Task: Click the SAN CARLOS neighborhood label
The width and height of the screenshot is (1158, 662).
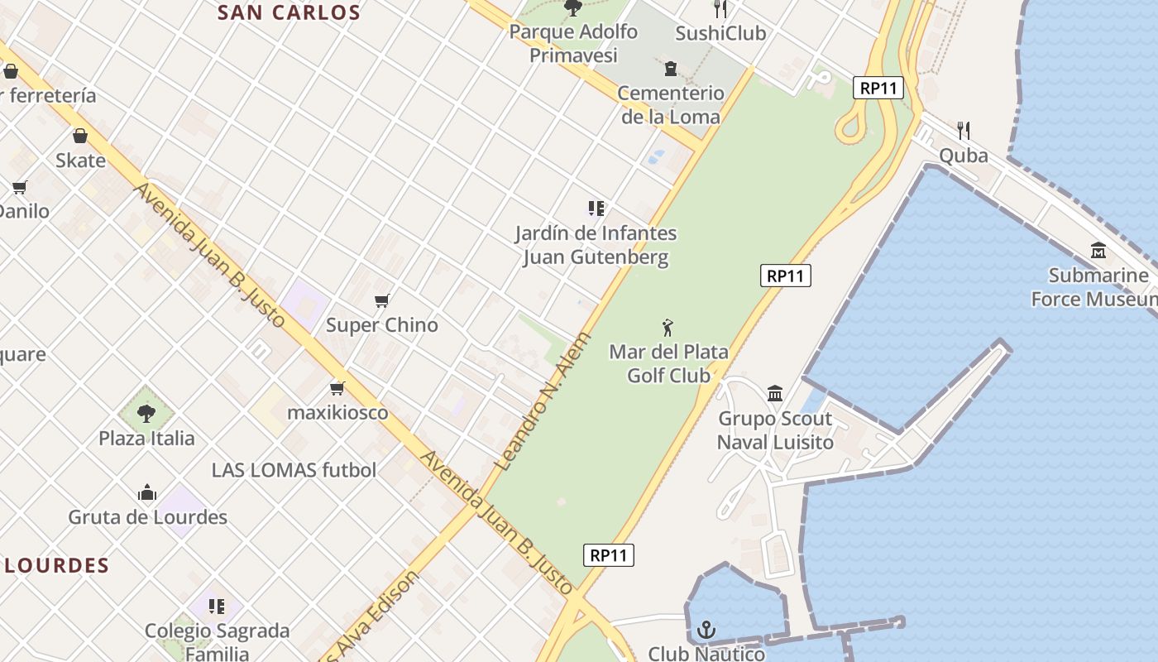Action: [x=289, y=12]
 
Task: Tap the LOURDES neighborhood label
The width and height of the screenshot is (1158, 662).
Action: [x=57, y=566]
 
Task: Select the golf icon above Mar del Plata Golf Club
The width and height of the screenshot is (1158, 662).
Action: [x=668, y=328]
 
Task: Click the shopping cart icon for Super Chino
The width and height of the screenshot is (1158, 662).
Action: [x=381, y=300]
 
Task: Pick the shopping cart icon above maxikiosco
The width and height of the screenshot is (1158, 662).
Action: [x=337, y=388]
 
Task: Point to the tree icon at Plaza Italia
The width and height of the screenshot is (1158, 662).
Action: [x=146, y=412]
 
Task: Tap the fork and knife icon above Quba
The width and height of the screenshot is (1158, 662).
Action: [x=963, y=130]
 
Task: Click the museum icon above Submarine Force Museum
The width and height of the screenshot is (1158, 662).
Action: [x=1098, y=250]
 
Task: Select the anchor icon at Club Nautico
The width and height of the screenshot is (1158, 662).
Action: [x=706, y=631]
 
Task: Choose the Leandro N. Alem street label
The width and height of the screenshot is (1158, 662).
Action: [x=543, y=402]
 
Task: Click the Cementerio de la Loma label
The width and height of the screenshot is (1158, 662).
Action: [x=670, y=104]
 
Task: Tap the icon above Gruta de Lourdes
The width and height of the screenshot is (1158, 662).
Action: [x=147, y=493]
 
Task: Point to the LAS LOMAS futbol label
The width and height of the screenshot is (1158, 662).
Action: [x=294, y=470]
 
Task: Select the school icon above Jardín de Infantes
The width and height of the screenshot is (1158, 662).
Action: [x=596, y=209]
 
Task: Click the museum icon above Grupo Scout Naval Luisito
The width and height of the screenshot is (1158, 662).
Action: [x=775, y=394]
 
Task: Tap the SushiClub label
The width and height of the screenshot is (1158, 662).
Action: [x=720, y=33]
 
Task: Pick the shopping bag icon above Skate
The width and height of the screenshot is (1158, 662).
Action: [x=80, y=136]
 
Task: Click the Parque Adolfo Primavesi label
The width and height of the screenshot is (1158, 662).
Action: [x=573, y=43]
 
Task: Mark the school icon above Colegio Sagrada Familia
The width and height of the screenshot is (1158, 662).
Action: [x=217, y=607]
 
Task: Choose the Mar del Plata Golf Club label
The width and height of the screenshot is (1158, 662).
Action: [x=668, y=363]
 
